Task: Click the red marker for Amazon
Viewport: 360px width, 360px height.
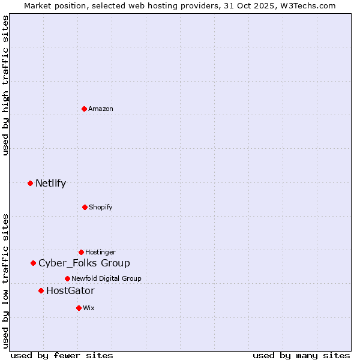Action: pyautogui.click(x=85, y=109)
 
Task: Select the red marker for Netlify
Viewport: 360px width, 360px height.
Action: pyautogui.click(x=30, y=183)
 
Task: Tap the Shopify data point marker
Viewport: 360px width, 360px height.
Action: pyautogui.click(x=85, y=207)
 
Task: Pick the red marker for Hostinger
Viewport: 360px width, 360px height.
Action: pyautogui.click(x=81, y=252)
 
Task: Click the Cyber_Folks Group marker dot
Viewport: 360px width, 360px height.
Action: pyautogui.click(x=33, y=263)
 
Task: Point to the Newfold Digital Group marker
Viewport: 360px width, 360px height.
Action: pyautogui.click(x=67, y=278)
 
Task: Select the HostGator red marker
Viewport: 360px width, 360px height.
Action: pyautogui.click(x=41, y=290)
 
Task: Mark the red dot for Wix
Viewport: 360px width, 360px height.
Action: pyautogui.click(x=79, y=308)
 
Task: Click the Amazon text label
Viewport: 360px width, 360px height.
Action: pyautogui.click(x=101, y=109)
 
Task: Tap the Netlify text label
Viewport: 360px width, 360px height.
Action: pyautogui.click(x=50, y=184)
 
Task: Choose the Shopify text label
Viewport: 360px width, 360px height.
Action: pyautogui.click(x=101, y=207)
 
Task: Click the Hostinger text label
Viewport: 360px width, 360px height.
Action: pyautogui.click(x=100, y=252)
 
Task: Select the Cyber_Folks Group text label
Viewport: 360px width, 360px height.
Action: pyautogui.click(x=84, y=263)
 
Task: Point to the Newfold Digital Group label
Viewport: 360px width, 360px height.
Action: pyautogui.click(x=106, y=278)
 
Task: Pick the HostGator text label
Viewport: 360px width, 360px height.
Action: pyautogui.click(x=70, y=291)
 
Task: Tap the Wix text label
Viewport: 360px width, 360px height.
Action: pyautogui.click(x=89, y=308)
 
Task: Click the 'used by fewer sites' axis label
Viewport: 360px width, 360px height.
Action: pyautogui.click(x=62, y=355)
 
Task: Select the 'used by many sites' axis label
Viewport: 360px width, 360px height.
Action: pyautogui.click(x=301, y=355)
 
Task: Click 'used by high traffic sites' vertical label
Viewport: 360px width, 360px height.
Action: pyautogui.click(x=5, y=86)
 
